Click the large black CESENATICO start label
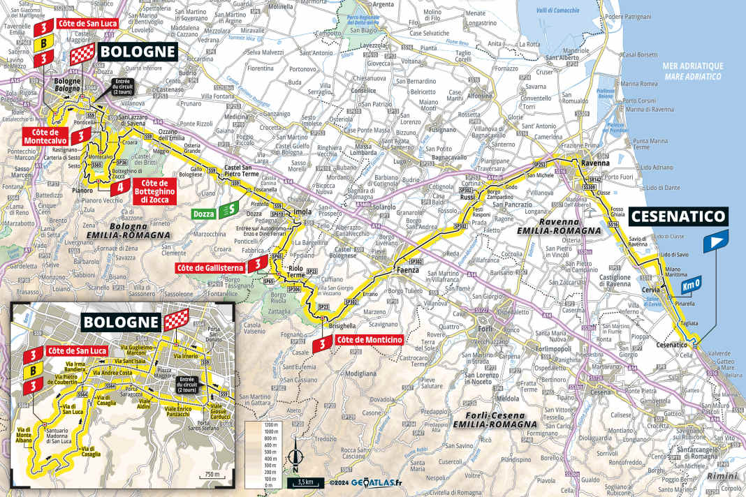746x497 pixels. (679, 216)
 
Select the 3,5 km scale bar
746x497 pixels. (305, 482)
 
